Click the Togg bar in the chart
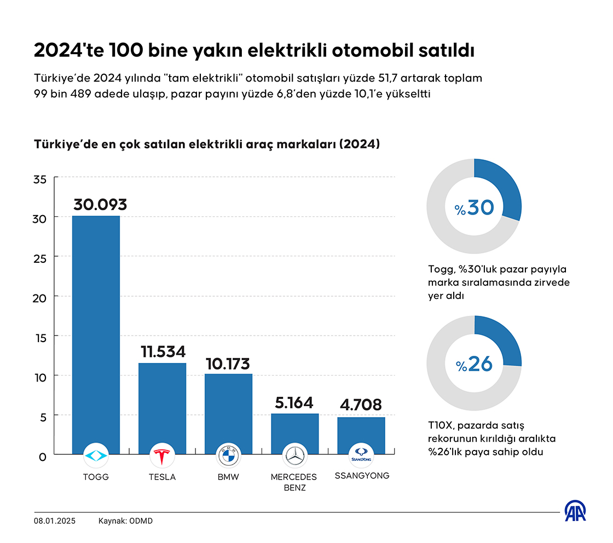click(x=96, y=328)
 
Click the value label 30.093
click(x=100, y=205)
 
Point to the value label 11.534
click(x=163, y=351)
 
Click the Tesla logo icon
click(x=162, y=455)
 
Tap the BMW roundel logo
click(x=228, y=455)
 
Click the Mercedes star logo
click(x=294, y=455)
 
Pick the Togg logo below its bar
click(x=96, y=455)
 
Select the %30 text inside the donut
click(x=474, y=207)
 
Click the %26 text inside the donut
click(x=474, y=364)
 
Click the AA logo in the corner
click(x=575, y=511)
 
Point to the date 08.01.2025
click(x=55, y=521)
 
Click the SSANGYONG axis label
click(x=362, y=476)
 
